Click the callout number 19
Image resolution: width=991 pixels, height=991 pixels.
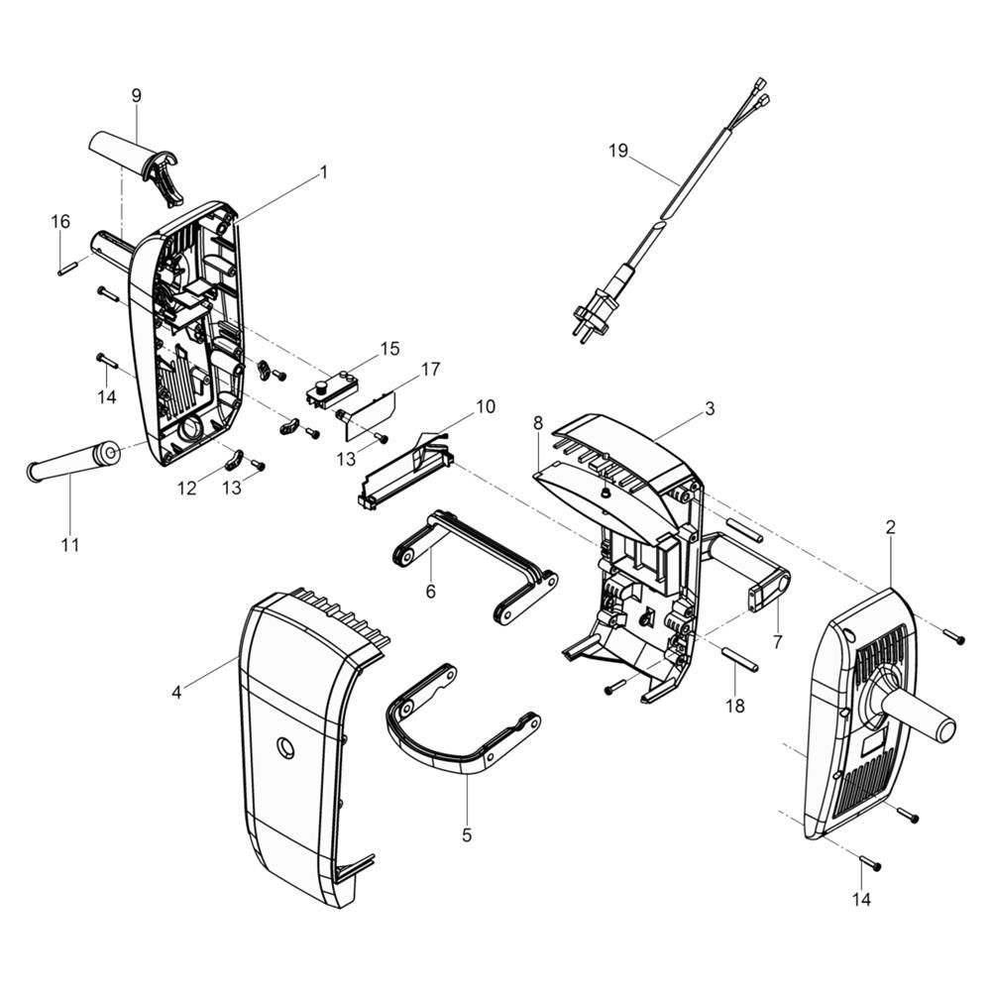point(618,151)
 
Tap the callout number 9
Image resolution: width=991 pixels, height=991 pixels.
point(137,95)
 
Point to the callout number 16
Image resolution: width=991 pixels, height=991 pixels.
point(60,222)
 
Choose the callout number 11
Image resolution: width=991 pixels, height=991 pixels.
point(70,545)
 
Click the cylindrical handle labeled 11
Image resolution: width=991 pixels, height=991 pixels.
point(73,460)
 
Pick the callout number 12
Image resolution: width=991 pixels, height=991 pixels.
point(187,489)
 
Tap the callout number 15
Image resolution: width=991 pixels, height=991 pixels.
point(389,349)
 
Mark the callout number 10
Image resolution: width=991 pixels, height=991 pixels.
point(486,406)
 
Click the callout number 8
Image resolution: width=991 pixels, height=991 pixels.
point(538,423)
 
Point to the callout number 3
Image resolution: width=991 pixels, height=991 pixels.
point(710,409)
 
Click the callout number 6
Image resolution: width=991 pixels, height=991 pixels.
point(431,592)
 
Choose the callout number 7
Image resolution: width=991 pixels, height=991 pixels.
point(777,642)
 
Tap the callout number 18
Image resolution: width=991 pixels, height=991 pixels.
point(735,706)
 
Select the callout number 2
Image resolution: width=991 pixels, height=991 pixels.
point(891,527)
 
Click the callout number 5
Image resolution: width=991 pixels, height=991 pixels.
point(467,834)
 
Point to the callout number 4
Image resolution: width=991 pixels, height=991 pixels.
point(177,692)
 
